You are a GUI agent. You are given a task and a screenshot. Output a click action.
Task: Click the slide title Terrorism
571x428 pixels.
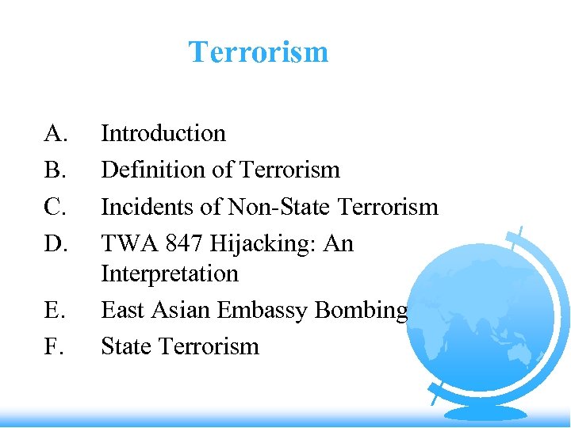[258, 52]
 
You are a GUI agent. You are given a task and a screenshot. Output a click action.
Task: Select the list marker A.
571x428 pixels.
[56, 133]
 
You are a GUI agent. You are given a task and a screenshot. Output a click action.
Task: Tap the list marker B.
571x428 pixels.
[55, 170]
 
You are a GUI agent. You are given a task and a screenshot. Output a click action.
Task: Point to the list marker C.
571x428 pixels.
[55, 207]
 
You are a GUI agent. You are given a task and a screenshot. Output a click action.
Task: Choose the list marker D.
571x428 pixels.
[56, 243]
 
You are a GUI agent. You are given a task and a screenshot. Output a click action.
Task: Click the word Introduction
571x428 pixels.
[163, 133]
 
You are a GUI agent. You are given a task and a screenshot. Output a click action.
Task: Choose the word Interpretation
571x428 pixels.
[170, 273]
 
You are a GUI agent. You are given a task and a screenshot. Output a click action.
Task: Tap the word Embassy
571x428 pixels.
[267, 311]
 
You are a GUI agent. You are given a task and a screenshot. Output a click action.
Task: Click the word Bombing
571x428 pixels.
[362, 311]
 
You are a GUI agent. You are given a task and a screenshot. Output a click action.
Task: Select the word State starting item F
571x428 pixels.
[126, 346]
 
